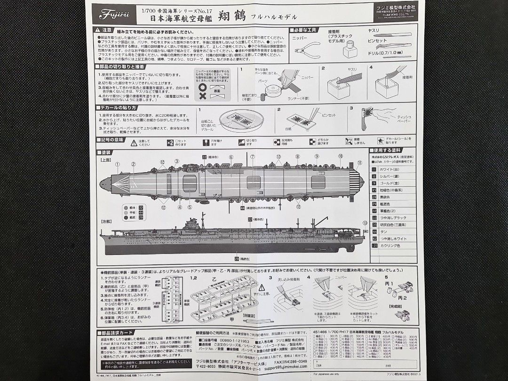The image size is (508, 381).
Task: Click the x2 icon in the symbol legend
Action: tap(170, 142)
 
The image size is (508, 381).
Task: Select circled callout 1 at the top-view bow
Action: tap(118, 164)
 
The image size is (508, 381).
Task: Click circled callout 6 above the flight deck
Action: tap(231, 157)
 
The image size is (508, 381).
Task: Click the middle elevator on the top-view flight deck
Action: tap(254, 182)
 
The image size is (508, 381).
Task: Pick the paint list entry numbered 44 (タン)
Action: tap(374, 231)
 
